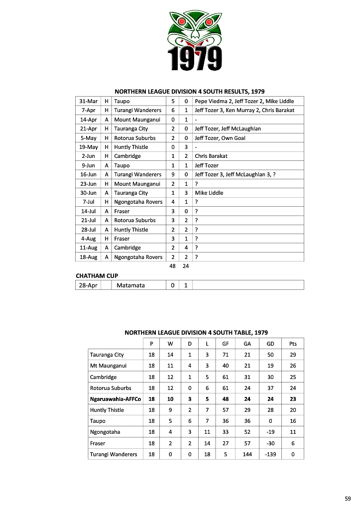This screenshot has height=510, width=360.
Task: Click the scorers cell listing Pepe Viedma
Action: (x=244, y=101)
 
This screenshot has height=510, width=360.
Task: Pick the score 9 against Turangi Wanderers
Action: (x=172, y=174)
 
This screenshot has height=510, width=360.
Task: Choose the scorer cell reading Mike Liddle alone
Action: (x=209, y=193)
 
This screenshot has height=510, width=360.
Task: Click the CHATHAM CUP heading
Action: (x=97, y=275)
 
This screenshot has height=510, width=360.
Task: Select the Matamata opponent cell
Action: (x=130, y=285)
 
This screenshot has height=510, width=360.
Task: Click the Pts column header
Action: (x=292, y=344)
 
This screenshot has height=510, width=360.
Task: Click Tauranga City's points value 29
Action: (x=292, y=355)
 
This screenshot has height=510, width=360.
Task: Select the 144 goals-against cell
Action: (x=247, y=454)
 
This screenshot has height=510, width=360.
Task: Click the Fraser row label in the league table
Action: (x=98, y=443)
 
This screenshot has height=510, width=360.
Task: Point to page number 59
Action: (x=348, y=498)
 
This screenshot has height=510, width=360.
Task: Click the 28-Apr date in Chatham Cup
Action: (x=88, y=285)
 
